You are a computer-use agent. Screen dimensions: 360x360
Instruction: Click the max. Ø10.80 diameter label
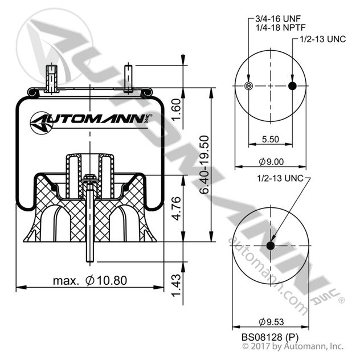(89, 280)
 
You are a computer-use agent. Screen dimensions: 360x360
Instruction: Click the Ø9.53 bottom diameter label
(270, 321)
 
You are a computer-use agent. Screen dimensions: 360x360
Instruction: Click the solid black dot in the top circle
(292, 86)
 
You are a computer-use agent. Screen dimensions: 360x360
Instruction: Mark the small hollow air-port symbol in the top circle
(248, 86)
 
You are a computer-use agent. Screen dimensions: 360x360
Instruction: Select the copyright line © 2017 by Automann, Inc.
(293, 346)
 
